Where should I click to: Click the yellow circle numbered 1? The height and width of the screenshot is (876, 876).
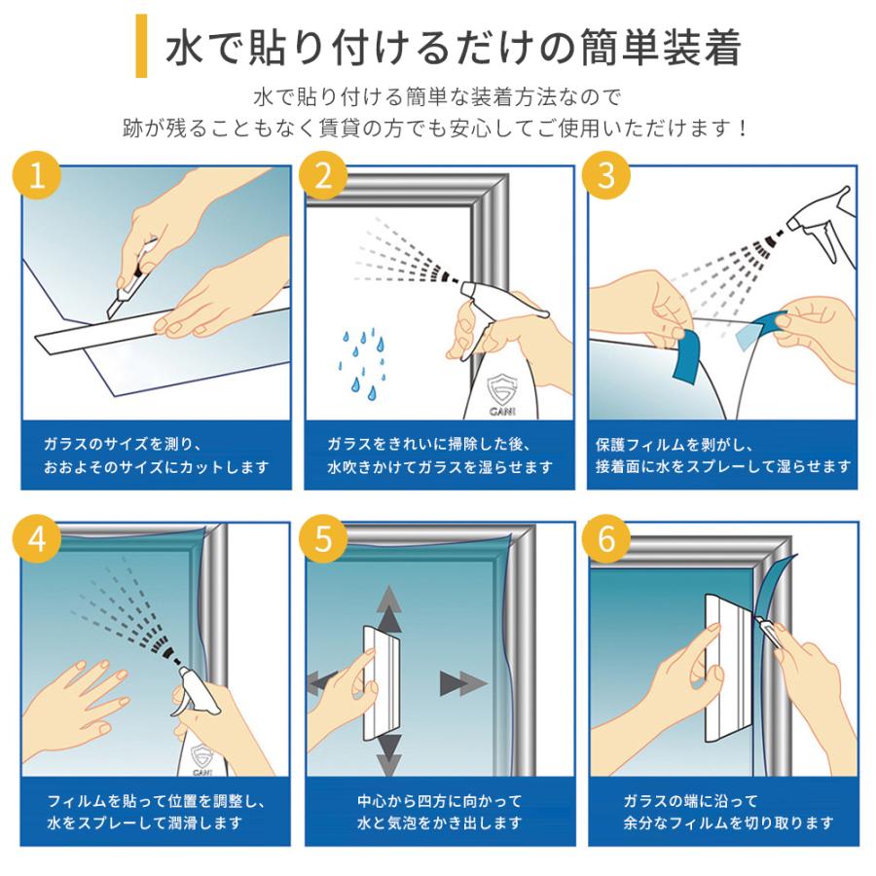[x=37, y=175]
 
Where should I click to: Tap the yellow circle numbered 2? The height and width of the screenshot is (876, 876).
[x=323, y=175]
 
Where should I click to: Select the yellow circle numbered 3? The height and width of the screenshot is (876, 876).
[x=606, y=175]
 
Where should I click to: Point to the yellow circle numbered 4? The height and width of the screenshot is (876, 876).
[x=37, y=539]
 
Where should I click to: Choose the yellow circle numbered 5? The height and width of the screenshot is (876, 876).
[x=323, y=539]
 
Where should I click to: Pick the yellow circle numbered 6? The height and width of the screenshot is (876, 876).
[x=606, y=539]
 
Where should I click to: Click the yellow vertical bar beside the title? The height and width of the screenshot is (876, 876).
[x=141, y=46]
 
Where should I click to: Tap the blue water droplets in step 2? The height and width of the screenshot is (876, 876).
[x=362, y=364]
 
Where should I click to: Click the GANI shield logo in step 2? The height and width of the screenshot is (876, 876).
[x=501, y=392]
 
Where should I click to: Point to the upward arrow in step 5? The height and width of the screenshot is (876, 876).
[x=389, y=609]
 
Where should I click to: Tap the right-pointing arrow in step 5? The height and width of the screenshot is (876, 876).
[x=463, y=683]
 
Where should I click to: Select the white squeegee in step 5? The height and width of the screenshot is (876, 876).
[x=383, y=682]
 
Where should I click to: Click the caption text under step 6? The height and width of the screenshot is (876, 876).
[x=728, y=811]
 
